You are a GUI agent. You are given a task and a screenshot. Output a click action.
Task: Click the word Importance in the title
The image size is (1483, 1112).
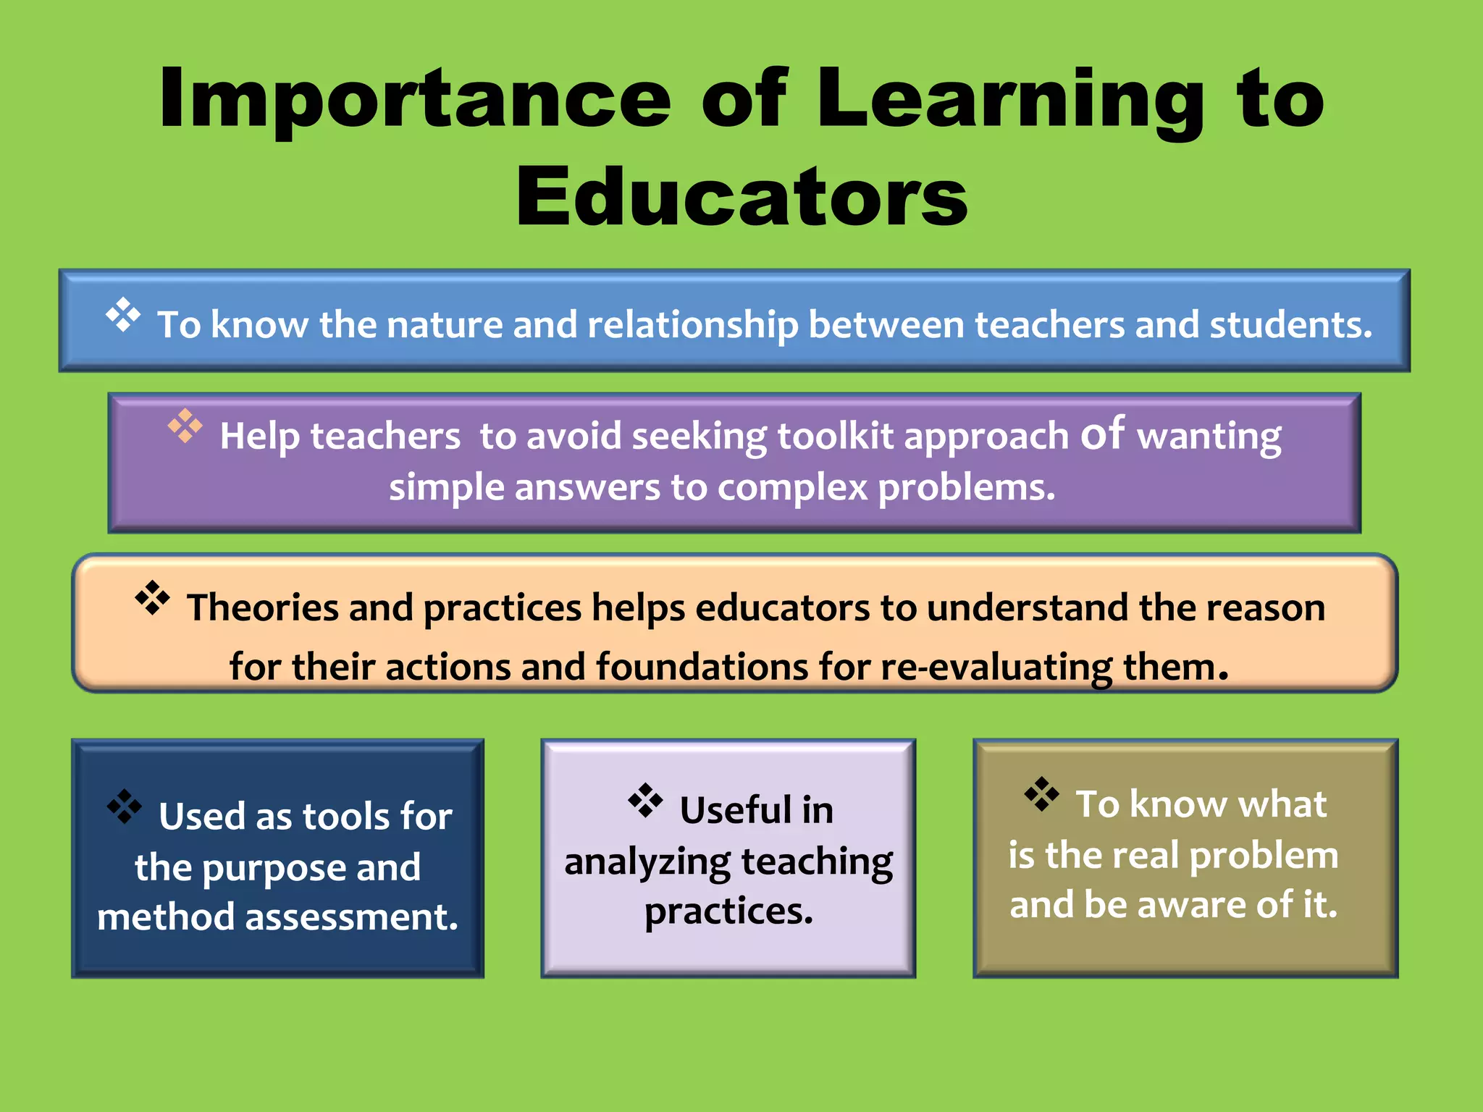tap(415, 100)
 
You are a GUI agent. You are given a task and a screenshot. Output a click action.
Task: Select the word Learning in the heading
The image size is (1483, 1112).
tap(1010, 100)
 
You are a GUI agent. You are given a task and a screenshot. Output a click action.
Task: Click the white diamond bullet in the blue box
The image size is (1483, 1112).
tap(123, 315)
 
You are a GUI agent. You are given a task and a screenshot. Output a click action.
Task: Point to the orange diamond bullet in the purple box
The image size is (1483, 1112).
tap(185, 426)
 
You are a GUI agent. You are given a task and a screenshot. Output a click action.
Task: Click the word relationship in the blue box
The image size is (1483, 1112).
tap(692, 324)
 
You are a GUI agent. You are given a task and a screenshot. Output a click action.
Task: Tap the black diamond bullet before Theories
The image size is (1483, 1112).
tap(153, 598)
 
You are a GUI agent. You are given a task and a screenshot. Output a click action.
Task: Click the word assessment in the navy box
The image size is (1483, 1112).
tap(351, 917)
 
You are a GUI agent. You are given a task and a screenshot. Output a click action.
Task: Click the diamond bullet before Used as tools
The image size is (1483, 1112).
tap(125, 806)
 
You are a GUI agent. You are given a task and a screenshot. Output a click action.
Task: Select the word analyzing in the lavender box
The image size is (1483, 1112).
tap(647, 862)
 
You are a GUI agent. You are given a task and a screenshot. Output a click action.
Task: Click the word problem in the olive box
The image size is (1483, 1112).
tap(1263, 856)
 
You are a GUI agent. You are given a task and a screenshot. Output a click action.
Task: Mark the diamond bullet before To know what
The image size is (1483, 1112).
tap(1041, 794)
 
